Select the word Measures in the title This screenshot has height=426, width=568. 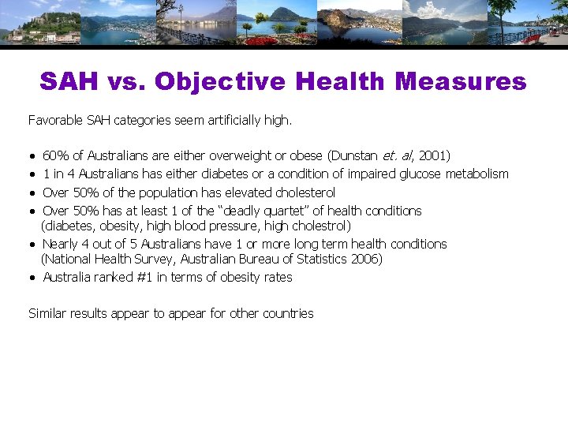tap(461, 81)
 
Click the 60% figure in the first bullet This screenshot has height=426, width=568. tap(55, 156)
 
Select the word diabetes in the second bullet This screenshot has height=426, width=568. tap(224, 174)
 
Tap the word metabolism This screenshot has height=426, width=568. tap(477, 174)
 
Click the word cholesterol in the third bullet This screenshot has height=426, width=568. tap(305, 192)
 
